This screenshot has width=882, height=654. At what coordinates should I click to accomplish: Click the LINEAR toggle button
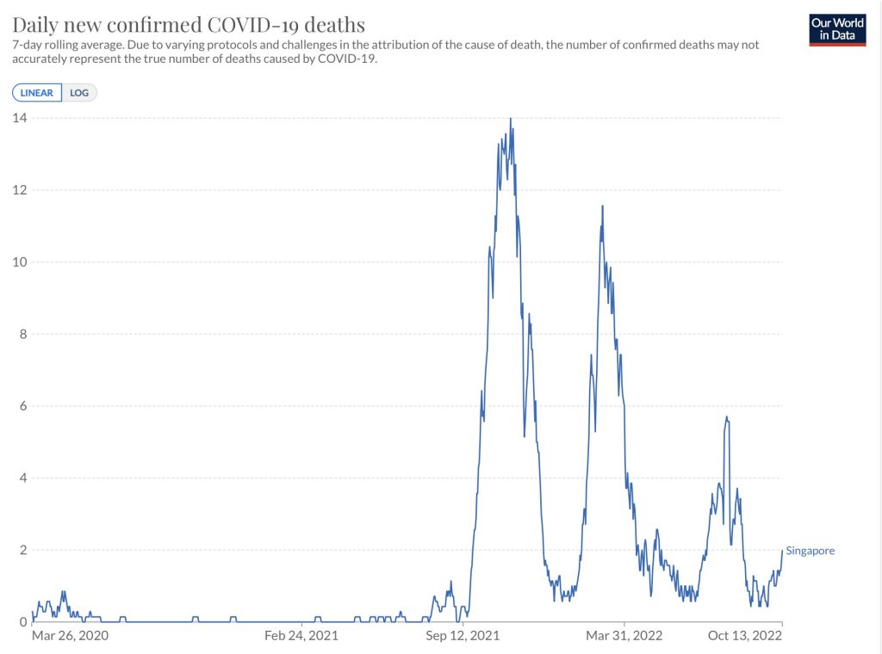(x=37, y=93)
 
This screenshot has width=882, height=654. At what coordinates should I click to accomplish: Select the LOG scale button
(x=79, y=93)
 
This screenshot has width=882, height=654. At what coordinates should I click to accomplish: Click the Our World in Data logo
(x=837, y=29)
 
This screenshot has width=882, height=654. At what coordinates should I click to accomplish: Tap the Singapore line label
(x=810, y=551)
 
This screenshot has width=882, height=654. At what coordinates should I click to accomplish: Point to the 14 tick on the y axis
(x=19, y=118)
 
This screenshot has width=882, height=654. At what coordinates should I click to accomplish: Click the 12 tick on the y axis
(x=19, y=190)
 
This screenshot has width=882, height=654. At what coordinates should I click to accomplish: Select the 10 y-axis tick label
(x=19, y=262)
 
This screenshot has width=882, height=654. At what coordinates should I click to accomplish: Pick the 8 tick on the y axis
(x=22, y=334)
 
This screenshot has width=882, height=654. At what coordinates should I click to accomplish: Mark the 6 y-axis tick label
(x=22, y=406)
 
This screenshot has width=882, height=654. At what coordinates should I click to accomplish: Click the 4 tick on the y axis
(x=22, y=478)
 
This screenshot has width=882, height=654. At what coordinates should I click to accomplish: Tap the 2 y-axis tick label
(x=22, y=550)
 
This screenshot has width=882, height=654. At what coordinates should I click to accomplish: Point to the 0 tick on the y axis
(x=22, y=622)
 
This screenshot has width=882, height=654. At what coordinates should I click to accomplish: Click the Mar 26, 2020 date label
(x=71, y=636)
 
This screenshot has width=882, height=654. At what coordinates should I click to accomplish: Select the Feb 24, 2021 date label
(x=301, y=636)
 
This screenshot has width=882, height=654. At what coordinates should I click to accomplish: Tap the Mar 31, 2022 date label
(x=624, y=636)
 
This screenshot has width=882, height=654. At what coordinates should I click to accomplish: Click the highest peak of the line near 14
(x=511, y=119)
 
